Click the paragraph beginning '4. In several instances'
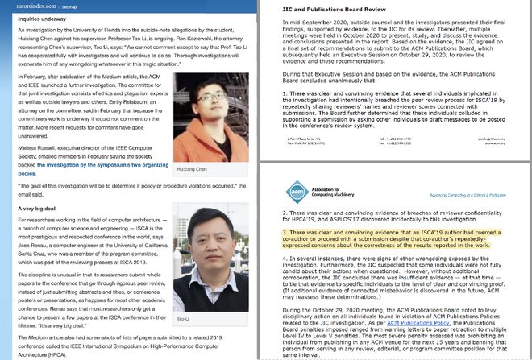(395, 276)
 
